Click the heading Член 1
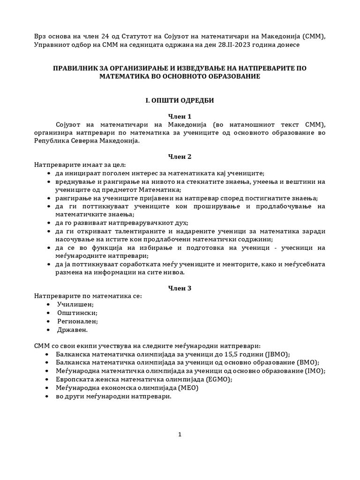coord(180,116)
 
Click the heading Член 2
coord(180,156)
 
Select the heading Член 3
coord(180,288)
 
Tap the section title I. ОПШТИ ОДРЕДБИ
coord(180,100)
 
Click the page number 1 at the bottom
coord(180,435)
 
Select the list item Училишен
coord(75,305)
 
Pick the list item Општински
coord(77,313)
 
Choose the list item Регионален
coord(77,321)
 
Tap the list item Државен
coord(72,330)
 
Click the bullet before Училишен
coord(49,305)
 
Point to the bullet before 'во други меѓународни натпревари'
coord(49,396)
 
